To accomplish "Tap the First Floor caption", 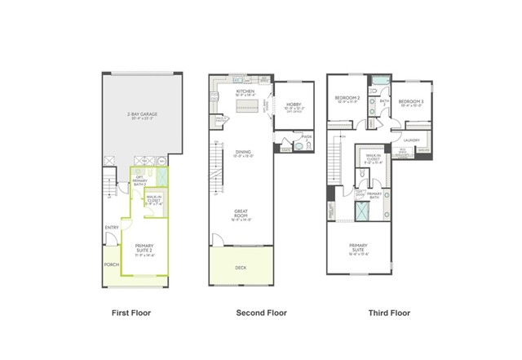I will coord(130,313).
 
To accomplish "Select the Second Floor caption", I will coord(263,313).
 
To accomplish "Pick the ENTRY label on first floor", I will coord(111,228).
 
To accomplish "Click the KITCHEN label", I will coord(245,92).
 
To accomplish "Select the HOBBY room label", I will coord(294,105).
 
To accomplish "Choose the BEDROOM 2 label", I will coord(348,100).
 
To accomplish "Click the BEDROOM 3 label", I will coord(410,102).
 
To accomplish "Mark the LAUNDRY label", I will coord(411,140).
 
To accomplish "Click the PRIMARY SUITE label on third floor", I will coord(359,248).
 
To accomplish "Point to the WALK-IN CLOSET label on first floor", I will coord(154,198).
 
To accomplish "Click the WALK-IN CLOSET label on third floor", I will coord(374,158).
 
